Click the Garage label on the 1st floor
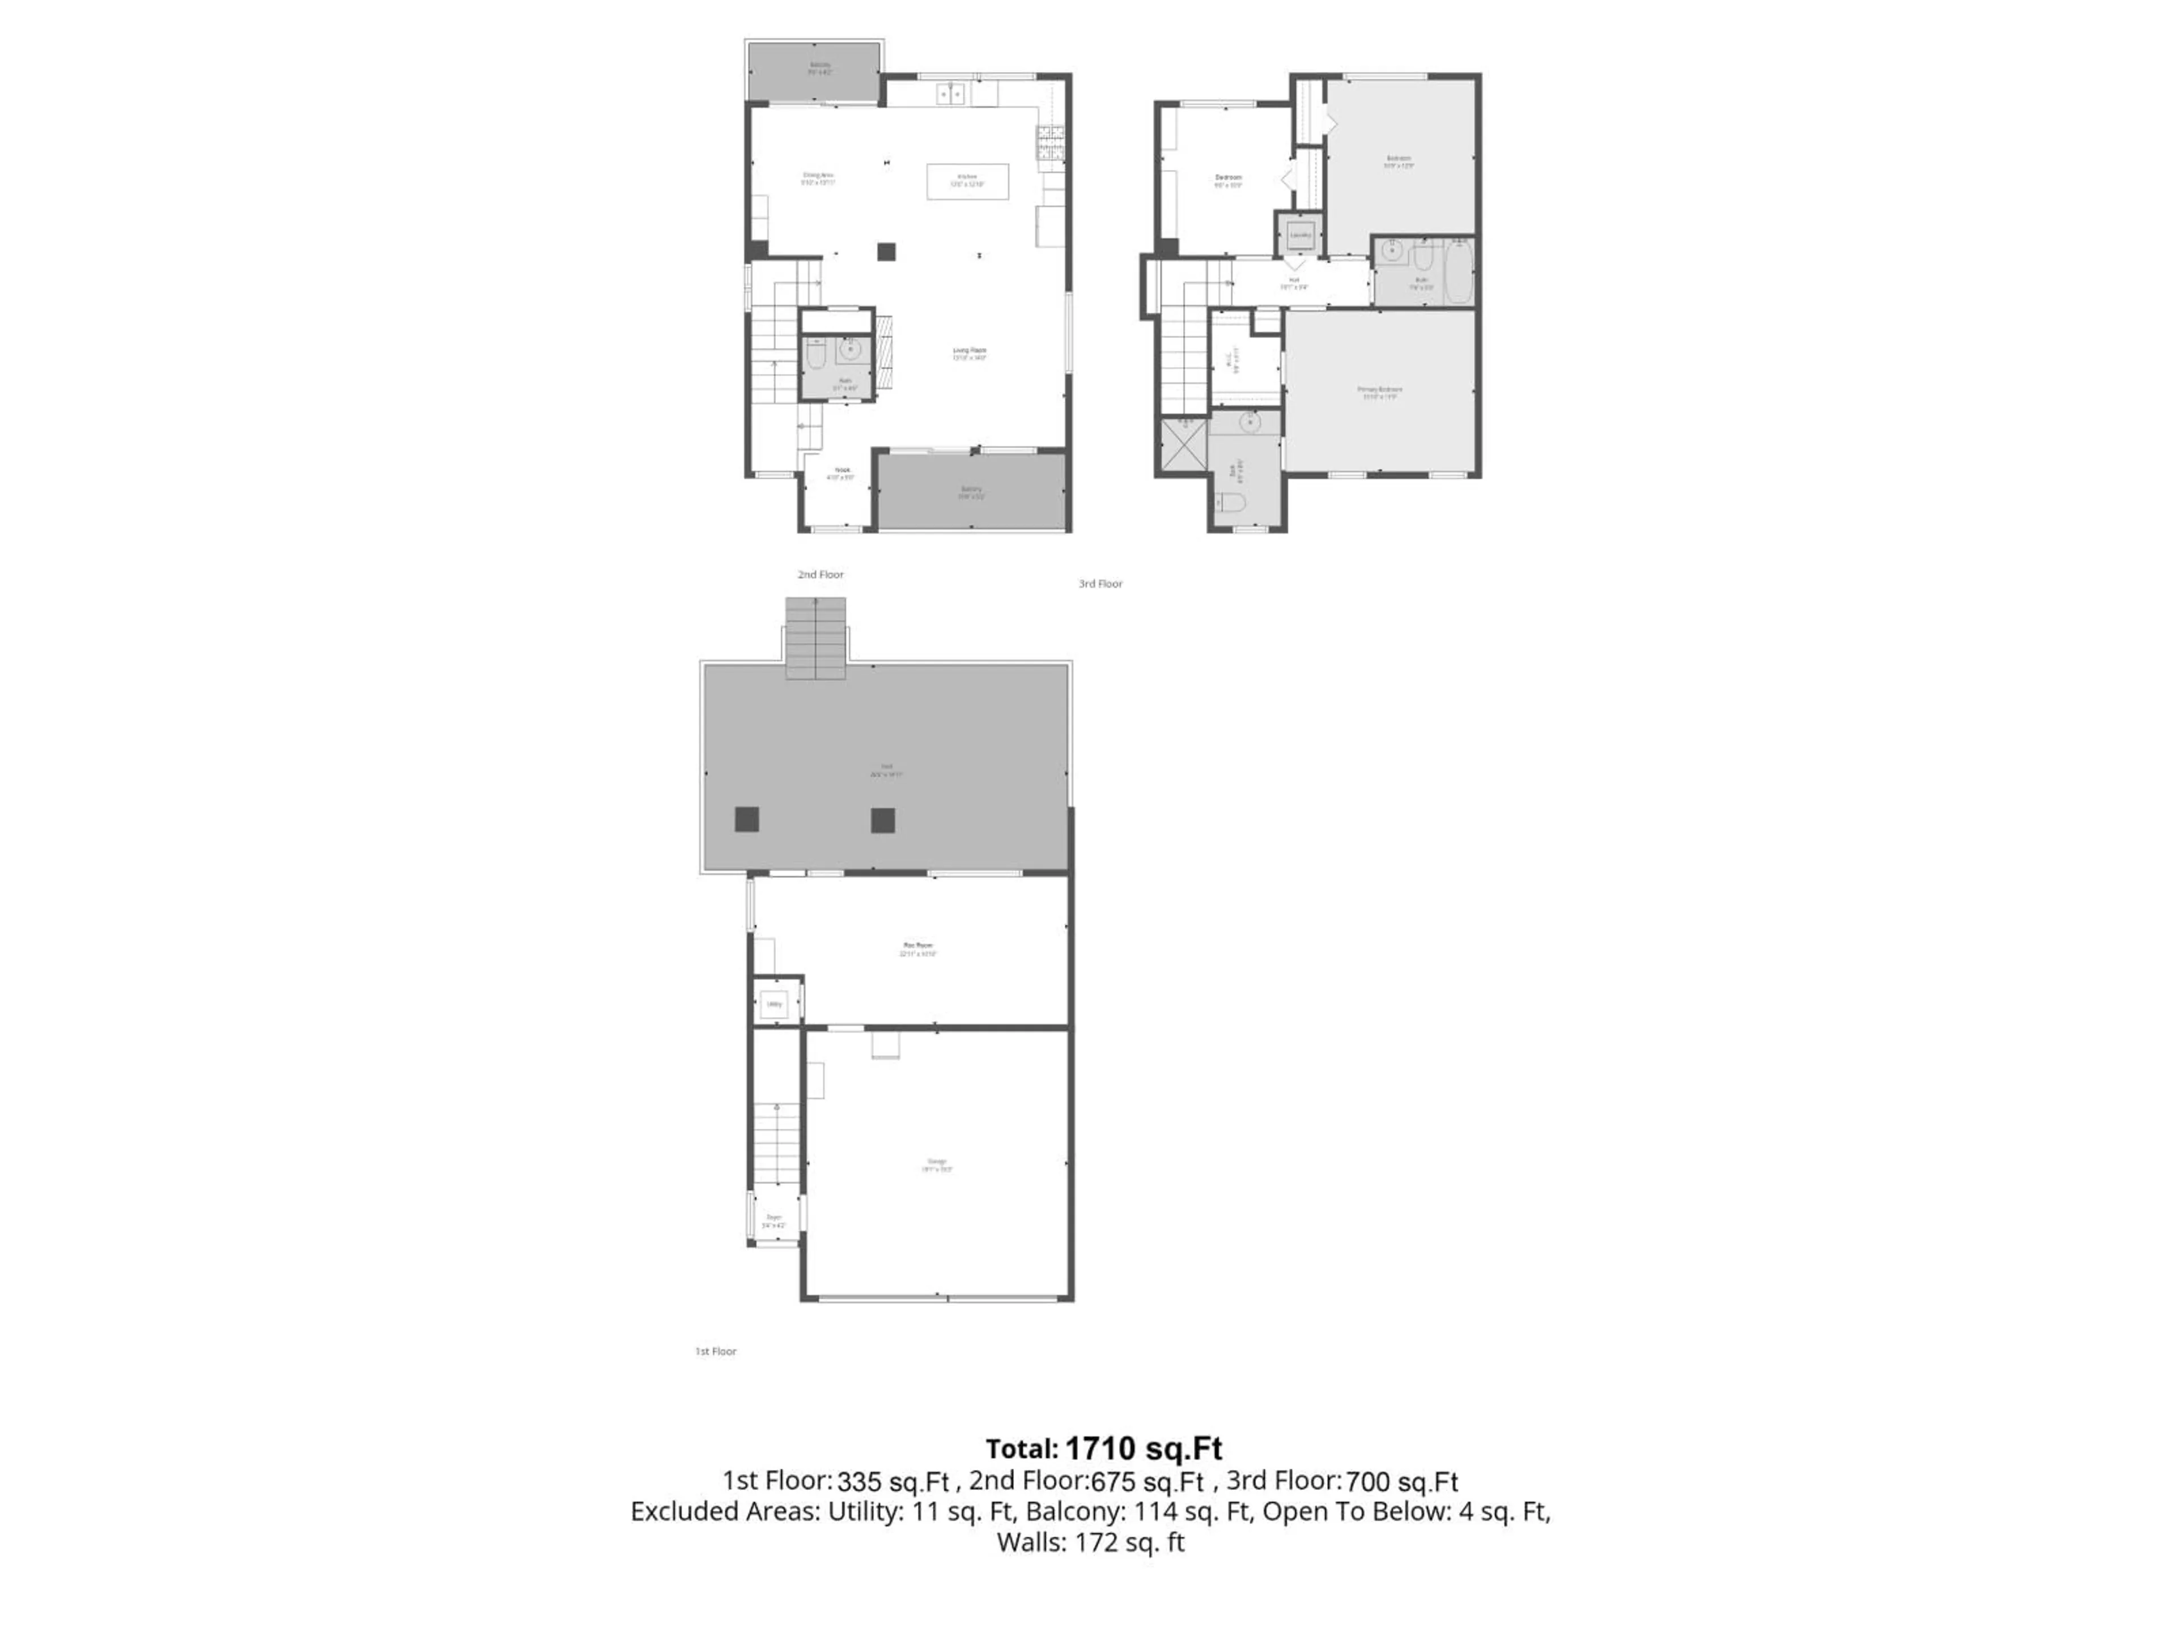(x=937, y=1164)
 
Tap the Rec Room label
(x=917, y=948)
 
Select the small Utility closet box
(x=774, y=1004)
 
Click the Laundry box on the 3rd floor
(x=1299, y=235)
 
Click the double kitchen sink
(x=950, y=95)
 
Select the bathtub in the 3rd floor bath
(x=1459, y=271)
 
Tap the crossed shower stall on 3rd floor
(x=1183, y=445)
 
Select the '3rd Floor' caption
(x=1100, y=583)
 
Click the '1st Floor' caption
(x=715, y=1351)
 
